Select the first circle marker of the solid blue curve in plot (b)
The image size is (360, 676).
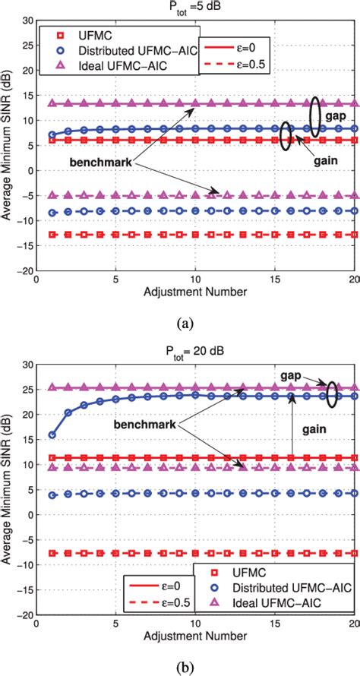[x=51, y=435]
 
